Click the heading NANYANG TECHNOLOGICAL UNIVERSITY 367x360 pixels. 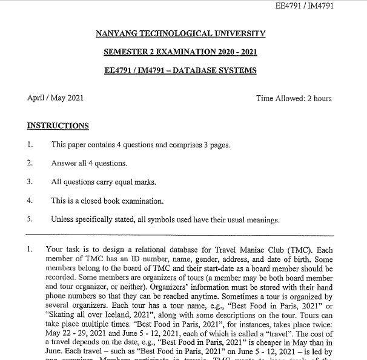[x=180, y=33]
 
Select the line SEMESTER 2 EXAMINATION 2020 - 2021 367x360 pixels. [x=180, y=52]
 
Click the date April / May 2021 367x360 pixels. [x=55, y=98]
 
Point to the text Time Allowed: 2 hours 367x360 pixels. [x=294, y=98]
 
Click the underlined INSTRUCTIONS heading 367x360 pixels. [x=58, y=126]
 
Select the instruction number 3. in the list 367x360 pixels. [x=30, y=182]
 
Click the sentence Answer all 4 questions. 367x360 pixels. [x=89, y=163]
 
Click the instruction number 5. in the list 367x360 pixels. [x=30, y=219]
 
